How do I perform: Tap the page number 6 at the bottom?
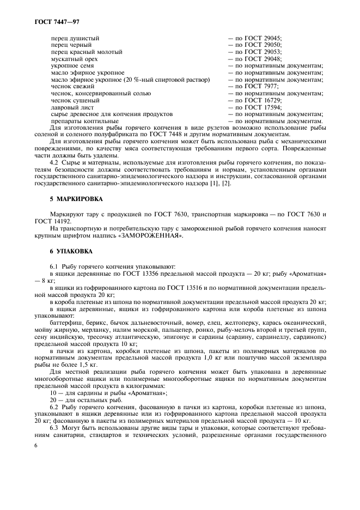(35, 445)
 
